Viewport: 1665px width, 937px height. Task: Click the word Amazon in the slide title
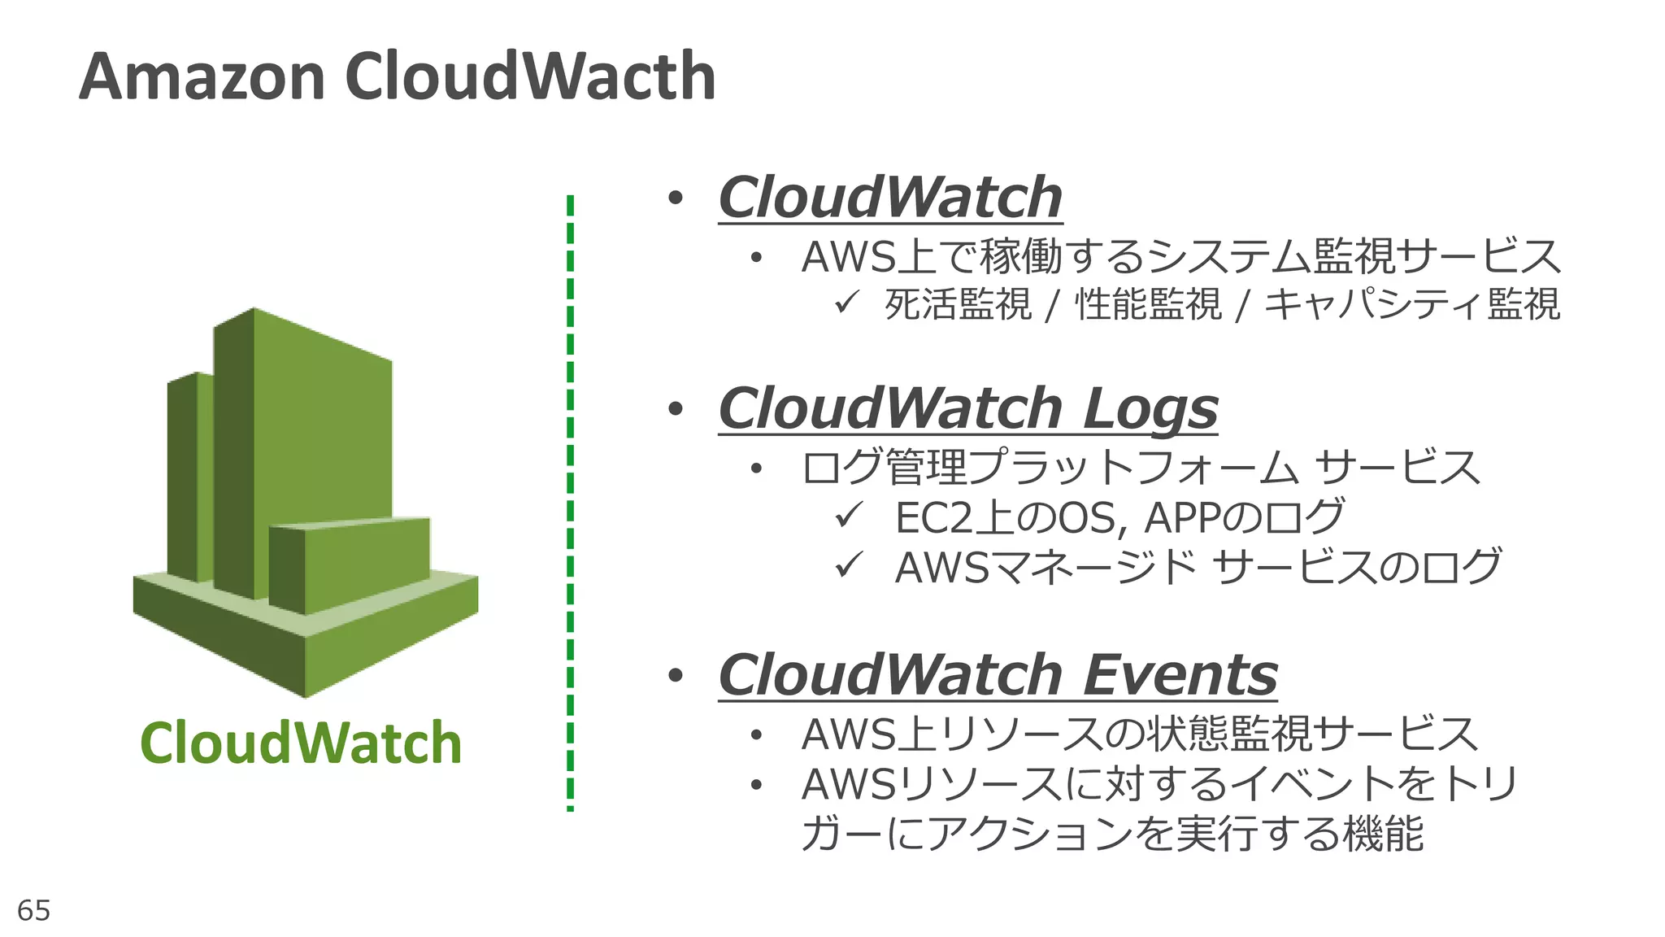point(202,76)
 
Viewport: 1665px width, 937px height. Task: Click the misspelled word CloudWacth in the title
point(530,76)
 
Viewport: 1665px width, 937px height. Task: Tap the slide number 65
point(34,911)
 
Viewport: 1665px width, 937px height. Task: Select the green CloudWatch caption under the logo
point(301,743)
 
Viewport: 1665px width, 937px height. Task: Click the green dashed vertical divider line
point(570,503)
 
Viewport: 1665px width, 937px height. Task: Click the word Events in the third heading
point(1180,674)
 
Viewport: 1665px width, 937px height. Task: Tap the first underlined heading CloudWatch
point(891,198)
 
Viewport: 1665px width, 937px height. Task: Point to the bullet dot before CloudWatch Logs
point(674,409)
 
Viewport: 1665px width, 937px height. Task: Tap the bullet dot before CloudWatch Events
point(674,675)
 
